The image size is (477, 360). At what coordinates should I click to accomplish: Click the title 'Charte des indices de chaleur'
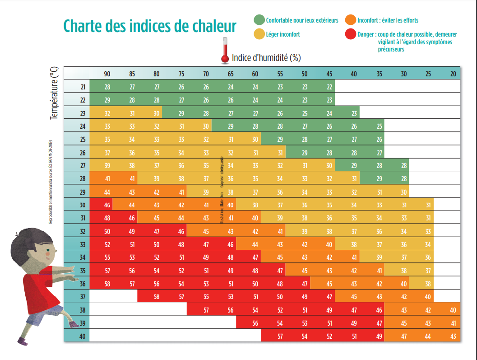coord(150,26)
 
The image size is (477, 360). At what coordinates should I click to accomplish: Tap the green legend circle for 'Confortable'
coord(259,20)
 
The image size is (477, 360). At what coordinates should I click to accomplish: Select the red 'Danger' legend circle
coord(350,33)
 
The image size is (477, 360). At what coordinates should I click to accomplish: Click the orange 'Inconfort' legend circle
coord(350,20)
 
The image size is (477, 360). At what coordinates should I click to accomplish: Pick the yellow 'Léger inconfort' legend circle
coord(259,33)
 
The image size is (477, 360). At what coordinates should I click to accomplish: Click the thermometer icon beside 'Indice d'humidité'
coord(224,51)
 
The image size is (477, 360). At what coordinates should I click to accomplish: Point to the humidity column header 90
coord(107,74)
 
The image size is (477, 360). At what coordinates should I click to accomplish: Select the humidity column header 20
coord(453,74)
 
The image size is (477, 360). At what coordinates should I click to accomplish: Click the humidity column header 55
coord(280,74)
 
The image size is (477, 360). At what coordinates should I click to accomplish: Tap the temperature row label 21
coord(83,87)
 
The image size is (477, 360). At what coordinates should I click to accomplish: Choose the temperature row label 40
coord(83,336)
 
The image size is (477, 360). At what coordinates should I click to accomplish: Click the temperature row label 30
coord(83,205)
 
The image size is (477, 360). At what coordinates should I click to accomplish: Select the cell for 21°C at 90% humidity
coord(107,87)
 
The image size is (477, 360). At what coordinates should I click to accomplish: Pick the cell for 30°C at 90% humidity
coord(107,205)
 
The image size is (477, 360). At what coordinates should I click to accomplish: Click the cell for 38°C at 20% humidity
coord(453,310)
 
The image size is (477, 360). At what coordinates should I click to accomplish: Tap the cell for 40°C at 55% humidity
coord(280,336)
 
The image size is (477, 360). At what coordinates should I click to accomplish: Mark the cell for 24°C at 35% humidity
coord(379,126)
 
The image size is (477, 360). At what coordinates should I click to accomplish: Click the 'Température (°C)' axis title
coord(54,93)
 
